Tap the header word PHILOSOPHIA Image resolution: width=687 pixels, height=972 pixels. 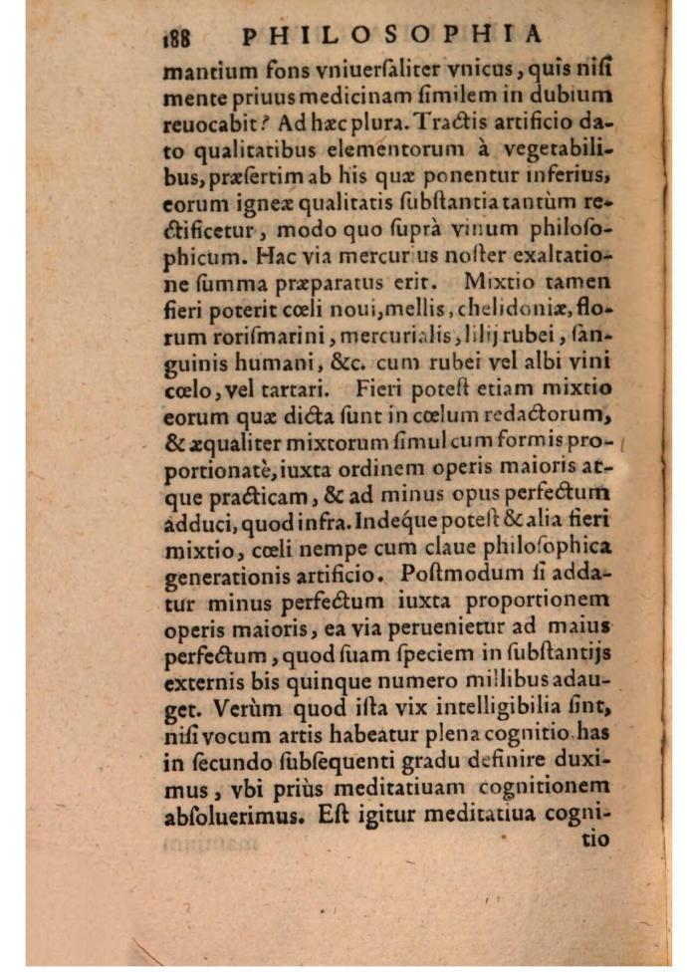click(x=393, y=35)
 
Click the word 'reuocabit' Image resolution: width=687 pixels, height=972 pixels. click(x=211, y=126)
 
